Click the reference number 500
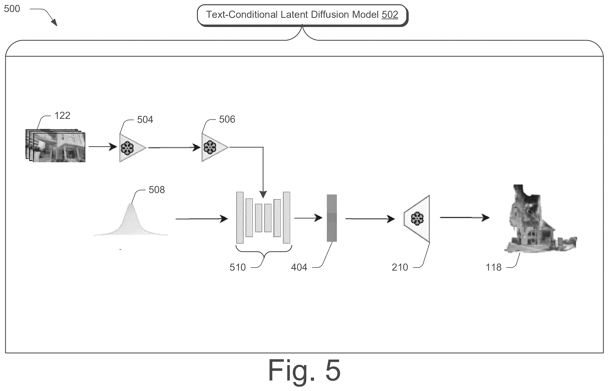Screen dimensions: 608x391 coord(12,9)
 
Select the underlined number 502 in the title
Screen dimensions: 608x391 coord(390,14)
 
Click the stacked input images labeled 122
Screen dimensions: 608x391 coord(55,146)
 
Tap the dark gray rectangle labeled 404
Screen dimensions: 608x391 coord(332,218)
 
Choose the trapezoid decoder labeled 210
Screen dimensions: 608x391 coord(417,219)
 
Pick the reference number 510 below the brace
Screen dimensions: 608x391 coord(238,267)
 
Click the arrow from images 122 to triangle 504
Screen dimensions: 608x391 coord(103,147)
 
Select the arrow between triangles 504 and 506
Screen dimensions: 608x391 coord(174,147)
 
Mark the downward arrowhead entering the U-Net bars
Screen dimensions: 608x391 coord(263,194)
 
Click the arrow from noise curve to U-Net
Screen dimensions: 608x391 coord(202,219)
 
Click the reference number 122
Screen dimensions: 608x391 coord(62,116)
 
